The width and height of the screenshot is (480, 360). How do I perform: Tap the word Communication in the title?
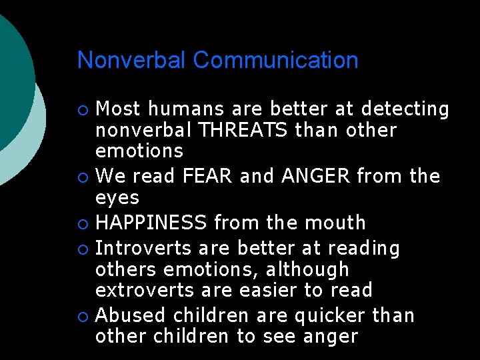[276, 60]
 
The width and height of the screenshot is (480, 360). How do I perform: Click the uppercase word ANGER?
[316, 177]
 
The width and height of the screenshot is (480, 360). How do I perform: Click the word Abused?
[131, 315]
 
